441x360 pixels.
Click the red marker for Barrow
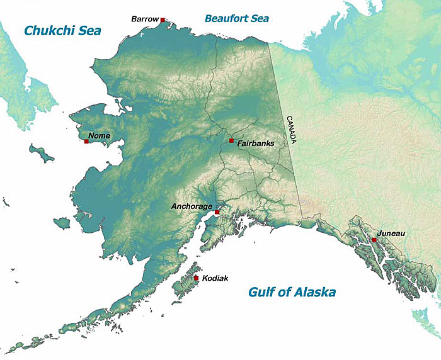click(x=163, y=20)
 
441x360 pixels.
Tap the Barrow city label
click(x=144, y=20)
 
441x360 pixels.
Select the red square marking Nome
click(x=86, y=141)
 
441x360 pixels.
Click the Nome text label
click(x=99, y=135)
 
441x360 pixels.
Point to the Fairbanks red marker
click(x=231, y=140)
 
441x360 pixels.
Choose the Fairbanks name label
click(x=256, y=144)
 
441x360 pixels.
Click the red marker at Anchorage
click(x=217, y=212)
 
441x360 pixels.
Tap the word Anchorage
click(x=192, y=206)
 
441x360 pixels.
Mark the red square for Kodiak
click(x=197, y=278)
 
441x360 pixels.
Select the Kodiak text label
click(x=215, y=278)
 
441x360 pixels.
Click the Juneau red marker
click(x=374, y=240)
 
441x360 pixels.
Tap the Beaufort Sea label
click(x=237, y=18)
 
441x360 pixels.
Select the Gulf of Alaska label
click(x=292, y=292)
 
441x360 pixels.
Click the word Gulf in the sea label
click(x=262, y=292)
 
